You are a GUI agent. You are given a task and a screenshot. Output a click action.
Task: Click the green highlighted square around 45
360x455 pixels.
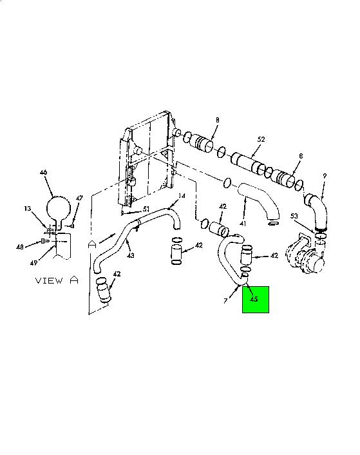click(256, 300)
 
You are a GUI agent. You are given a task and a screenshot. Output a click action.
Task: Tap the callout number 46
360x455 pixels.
click(43, 172)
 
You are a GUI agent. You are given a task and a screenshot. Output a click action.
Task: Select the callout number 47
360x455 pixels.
click(79, 198)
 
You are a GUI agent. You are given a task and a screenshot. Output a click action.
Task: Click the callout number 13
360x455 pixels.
click(28, 209)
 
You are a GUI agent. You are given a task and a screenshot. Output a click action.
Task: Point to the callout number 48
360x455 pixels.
click(20, 247)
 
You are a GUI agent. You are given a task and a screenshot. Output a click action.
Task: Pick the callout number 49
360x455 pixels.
click(33, 263)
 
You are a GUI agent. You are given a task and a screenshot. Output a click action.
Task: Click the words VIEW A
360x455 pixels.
click(57, 280)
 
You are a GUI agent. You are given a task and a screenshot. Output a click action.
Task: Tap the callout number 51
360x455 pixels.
click(146, 209)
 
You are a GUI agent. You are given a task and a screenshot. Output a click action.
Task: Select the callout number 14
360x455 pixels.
click(182, 196)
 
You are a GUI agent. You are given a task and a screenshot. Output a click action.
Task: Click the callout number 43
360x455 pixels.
click(131, 255)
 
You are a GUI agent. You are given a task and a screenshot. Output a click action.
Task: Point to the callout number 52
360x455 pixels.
click(261, 139)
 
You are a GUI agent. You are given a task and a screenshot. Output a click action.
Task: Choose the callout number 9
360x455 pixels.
click(325, 176)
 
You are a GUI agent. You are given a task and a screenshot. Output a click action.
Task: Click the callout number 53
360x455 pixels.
click(294, 216)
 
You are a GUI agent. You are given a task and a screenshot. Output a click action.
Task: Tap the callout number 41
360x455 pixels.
click(243, 224)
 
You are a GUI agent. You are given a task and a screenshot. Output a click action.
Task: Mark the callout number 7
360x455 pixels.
click(225, 301)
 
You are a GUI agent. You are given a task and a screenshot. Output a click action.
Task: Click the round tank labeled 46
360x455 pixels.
click(59, 208)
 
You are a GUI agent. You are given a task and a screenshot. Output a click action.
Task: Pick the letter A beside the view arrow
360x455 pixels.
click(92, 244)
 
